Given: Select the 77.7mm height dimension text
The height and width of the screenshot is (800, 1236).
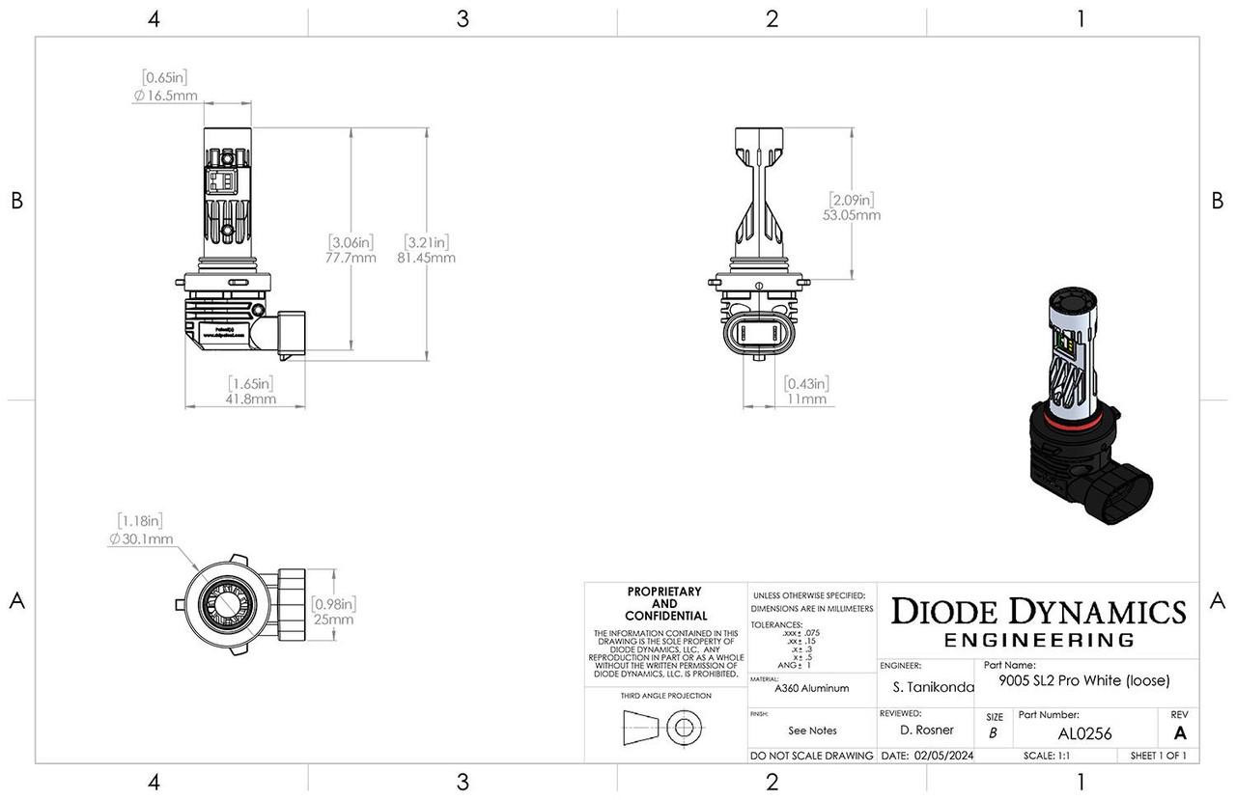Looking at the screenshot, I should click(351, 258).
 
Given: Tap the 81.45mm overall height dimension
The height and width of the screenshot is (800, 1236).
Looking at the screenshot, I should click(426, 258).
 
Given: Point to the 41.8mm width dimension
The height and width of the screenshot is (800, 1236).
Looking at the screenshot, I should click(251, 399).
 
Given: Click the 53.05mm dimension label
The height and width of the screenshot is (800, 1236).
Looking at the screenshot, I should click(852, 215).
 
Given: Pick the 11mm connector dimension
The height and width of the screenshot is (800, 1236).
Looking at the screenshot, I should click(806, 399).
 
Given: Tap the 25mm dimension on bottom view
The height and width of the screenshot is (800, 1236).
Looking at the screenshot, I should click(334, 620).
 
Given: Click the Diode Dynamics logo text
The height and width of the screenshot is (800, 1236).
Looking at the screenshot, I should click(1038, 612).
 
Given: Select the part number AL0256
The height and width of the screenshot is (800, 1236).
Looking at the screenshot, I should click(1084, 734).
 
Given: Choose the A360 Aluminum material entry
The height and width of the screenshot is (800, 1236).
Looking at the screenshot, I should click(811, 688).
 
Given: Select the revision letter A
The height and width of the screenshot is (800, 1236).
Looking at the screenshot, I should click(1179, 733).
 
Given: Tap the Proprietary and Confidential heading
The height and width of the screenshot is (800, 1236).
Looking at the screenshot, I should click(664, 603).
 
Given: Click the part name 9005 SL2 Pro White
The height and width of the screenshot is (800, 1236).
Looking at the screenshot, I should click(1084, 680).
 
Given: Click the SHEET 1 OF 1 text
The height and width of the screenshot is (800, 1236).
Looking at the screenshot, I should click(1159, 756).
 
